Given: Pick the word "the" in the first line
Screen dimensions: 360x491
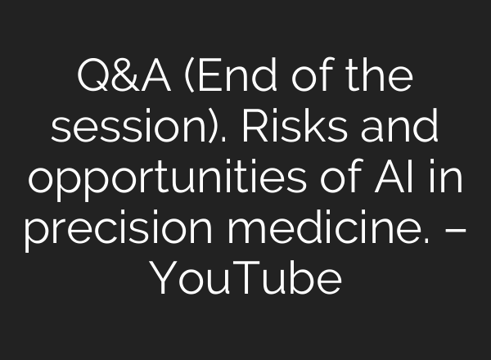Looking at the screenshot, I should [x=370, y=79].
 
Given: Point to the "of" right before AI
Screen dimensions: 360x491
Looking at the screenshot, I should [x=347, y=178].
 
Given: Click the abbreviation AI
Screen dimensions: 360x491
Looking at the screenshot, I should [x=398, y=178].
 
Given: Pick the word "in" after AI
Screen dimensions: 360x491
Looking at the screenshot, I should [x=445, y=178].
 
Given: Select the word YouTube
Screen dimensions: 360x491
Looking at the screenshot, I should [x=245, y=280].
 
